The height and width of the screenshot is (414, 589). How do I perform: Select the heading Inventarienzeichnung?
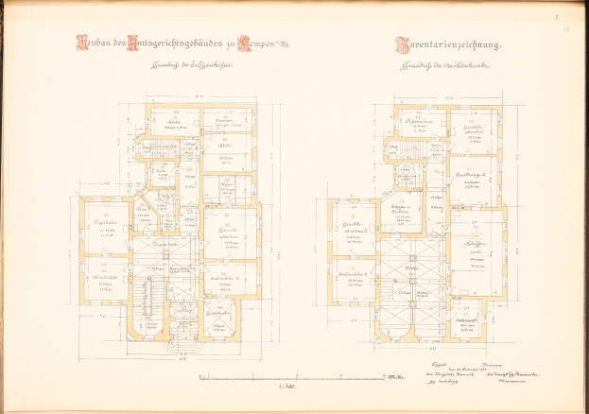click(x=449, y=43)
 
